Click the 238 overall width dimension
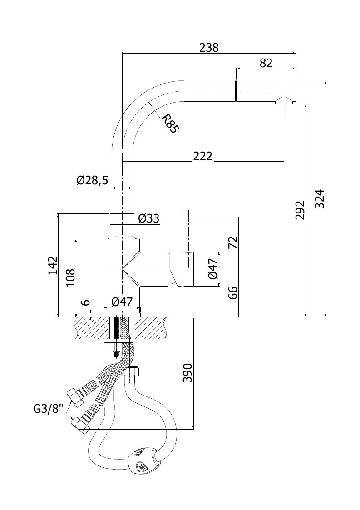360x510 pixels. tap(209, 48)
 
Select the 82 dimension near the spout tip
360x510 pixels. tap(266, 63)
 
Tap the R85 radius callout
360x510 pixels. tap(170, 123)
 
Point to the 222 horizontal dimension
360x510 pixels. tap(202, 156)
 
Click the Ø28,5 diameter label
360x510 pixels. tap(92, 180)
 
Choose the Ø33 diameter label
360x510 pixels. tap(148, 218)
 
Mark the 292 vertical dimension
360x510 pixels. tap(301, 210)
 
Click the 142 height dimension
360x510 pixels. tap(53, 265)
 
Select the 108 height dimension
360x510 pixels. tap(70, 277)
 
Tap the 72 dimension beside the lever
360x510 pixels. tap(233, 243)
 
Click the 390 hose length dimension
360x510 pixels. tap(187, 373)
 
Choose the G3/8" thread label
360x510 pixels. tap(48, 408)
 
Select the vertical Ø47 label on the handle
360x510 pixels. tap(212, 269)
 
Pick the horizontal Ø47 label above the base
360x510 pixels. tap(122, 302)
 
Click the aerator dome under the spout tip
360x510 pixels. tap(284, 101)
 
